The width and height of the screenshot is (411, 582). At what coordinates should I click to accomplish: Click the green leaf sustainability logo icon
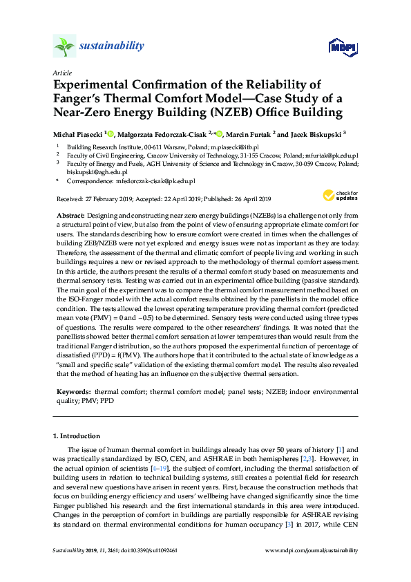point(64,46)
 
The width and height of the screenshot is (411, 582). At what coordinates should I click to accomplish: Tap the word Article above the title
point(61,73)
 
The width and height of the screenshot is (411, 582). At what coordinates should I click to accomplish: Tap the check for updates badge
point(341,196)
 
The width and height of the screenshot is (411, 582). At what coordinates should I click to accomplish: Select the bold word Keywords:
point(73,391)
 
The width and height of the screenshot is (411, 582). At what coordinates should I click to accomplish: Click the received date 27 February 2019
point(111,198)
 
